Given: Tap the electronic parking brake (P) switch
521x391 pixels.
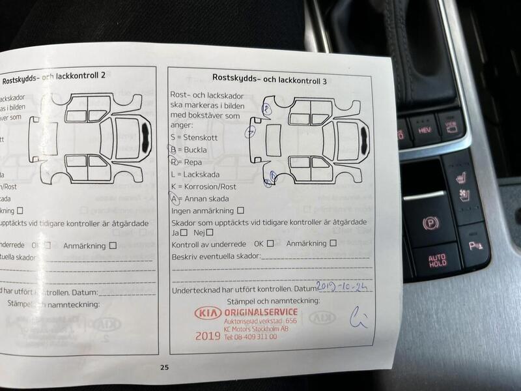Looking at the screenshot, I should (x=430, y=224).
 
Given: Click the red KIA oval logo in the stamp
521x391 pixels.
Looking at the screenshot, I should (x=208, y=313).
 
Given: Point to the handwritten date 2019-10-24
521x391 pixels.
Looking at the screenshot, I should (x=343, y=285).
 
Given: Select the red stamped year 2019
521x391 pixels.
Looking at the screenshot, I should (x=207, y=336).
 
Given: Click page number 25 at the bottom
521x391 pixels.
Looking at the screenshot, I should (x=164, y=368).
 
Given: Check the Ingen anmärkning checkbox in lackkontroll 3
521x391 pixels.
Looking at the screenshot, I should (x=241, y=210).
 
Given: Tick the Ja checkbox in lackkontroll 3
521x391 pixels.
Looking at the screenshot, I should (x=184, y=233).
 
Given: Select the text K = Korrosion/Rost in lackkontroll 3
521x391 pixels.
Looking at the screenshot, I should (x=203, y=186).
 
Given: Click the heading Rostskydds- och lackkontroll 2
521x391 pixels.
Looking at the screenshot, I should (x=54, y=81).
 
